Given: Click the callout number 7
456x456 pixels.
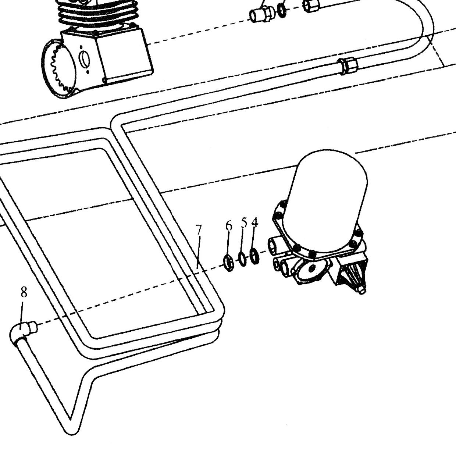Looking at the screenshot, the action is pos(199,230).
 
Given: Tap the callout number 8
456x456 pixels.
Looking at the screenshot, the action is pos(24,292).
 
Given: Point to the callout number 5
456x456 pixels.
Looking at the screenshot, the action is pos(244,223).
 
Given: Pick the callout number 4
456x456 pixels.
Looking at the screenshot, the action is pos(254,222).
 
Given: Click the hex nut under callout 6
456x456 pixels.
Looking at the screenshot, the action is pos(229,263).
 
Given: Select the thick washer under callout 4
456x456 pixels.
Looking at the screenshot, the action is pos(254,256).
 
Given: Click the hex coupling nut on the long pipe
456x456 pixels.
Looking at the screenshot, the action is pos(348,66).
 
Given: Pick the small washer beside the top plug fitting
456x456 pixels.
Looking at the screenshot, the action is pos(282,11).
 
